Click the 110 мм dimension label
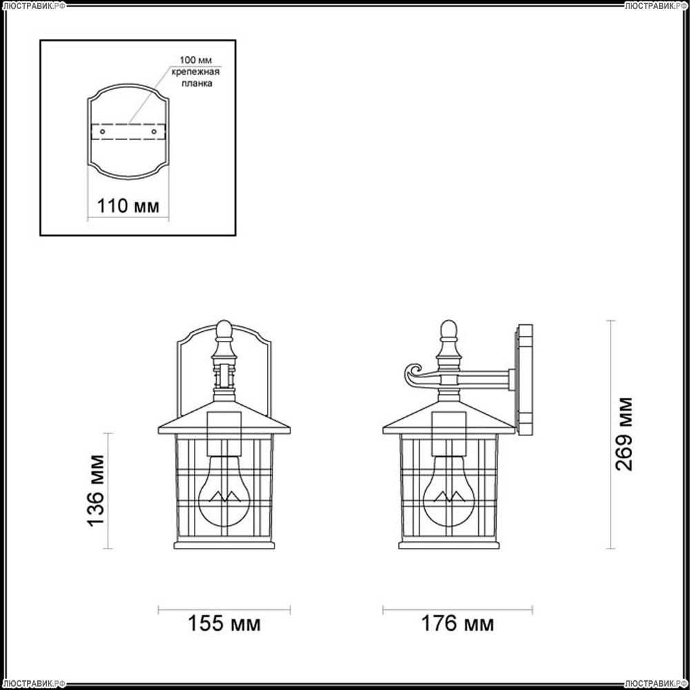point(128,206)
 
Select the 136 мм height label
point(96,490)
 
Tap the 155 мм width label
point(224,624)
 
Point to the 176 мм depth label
point(457,624)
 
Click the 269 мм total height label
point(624,434)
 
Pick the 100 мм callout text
point(195,60)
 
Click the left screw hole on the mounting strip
point(103,132)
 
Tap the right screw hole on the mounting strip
point(154,132)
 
